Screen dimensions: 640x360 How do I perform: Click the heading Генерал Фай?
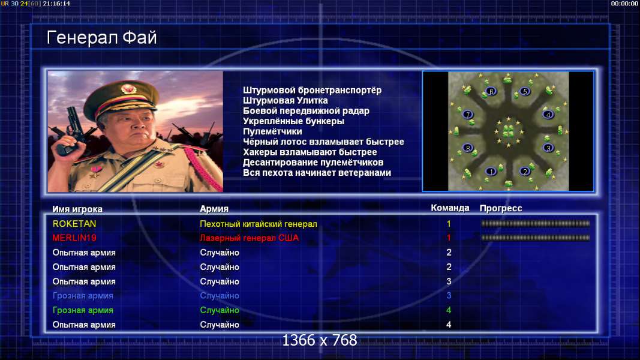(x=101, y=38)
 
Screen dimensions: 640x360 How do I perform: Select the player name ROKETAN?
(x=74, y=224)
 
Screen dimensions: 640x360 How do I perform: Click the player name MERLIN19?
(x=74, y=238)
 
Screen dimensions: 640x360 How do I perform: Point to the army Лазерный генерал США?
(x=249, y=238)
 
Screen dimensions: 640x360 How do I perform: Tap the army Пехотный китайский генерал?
(x=259, y=224)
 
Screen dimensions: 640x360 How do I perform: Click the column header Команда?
(x=450, y=208)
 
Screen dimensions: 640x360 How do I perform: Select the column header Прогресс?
(x=501, y=209)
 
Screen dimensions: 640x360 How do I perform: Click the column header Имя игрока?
(x=77, y=209)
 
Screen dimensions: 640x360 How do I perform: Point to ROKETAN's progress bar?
(x=536, y=224)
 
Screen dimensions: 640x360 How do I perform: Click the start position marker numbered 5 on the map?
(x=525, y=91)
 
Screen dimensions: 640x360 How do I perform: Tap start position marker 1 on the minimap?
(x=491, y=172)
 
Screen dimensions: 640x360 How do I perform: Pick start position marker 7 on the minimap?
(x=468, y=115)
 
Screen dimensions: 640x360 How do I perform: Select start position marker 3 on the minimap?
(x=548, y=148)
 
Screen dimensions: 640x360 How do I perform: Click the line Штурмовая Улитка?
(x=286, y=101)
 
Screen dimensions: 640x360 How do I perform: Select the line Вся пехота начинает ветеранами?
(x=317, y=173)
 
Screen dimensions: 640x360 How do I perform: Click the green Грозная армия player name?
(x=83, y=310)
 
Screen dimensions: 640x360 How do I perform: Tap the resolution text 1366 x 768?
(x=320, y=340)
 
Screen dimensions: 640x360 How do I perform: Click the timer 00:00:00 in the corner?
(x=624, y=4)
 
